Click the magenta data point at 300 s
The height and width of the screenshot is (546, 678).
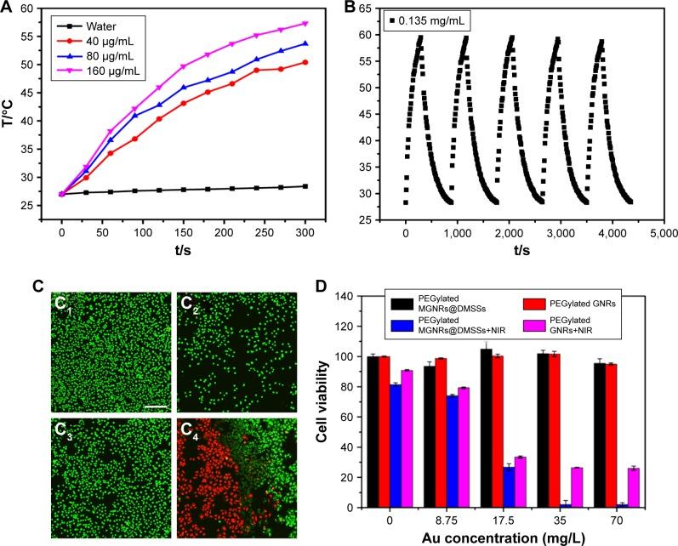[305, 24]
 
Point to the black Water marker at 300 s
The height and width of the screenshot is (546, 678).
[305, 186]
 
